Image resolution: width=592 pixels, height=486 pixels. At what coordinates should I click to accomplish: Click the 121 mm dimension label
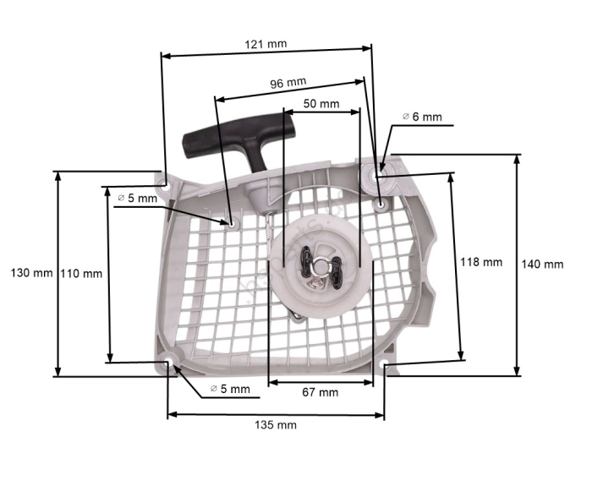(264, 43)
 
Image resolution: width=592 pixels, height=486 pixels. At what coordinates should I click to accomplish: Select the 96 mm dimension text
(288, 83)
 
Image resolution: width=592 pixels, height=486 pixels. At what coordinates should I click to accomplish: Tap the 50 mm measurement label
(321, 104)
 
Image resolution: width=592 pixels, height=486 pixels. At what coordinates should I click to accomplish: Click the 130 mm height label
(30, 273)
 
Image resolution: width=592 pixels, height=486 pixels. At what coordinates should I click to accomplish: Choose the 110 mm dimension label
(82, 273)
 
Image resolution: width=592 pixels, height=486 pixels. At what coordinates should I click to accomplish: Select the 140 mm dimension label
(542, 264)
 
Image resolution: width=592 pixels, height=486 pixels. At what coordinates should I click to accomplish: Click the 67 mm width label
(320, 392)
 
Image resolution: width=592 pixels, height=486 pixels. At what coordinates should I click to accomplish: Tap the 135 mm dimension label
(276, 424)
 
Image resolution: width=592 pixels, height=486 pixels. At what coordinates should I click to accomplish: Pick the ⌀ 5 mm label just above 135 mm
(230, 389)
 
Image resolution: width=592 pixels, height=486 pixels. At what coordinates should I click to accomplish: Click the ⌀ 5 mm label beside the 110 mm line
(137, 198)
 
